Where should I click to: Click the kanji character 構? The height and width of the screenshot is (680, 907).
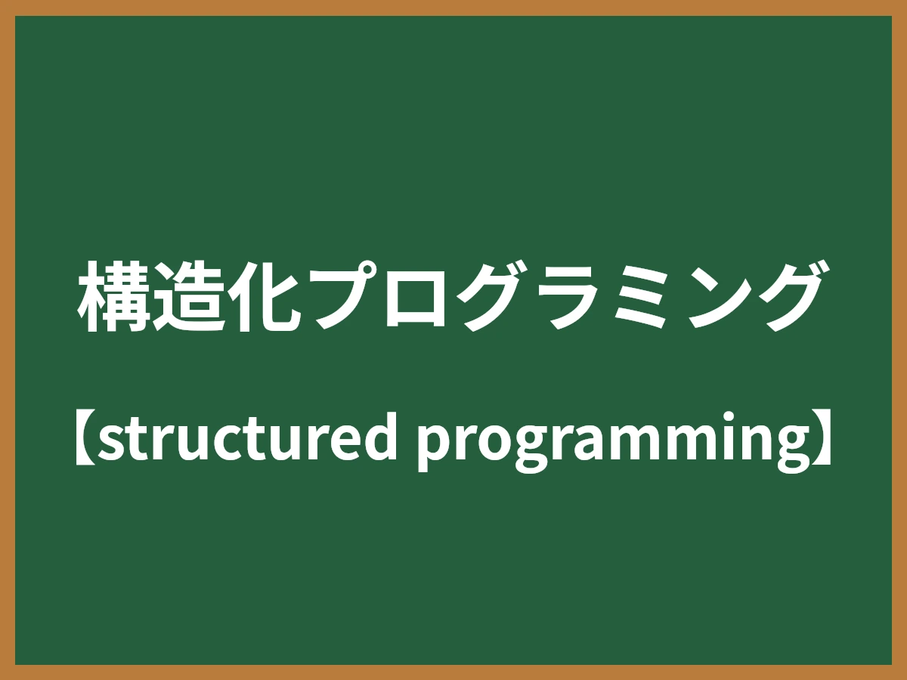[x=114, y=297]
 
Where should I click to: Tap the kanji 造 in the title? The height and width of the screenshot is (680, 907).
[x=188, y=297]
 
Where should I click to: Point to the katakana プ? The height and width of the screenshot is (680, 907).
[x=340, y=297]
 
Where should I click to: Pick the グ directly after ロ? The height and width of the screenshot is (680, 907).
[x=488, y=297]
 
